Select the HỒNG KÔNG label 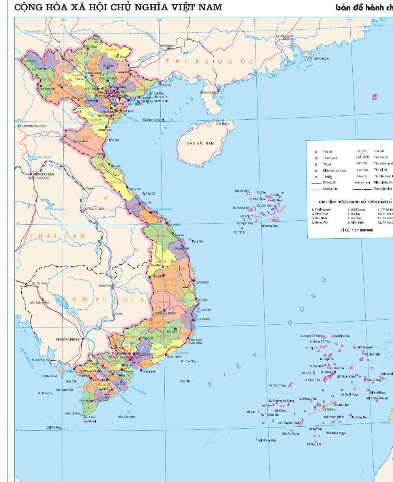[321, 58]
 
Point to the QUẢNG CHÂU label [285, 36]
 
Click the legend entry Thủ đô [327, 152]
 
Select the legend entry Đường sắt [329, 183]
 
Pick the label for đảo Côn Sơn [127, 416]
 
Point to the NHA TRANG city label [203, 319]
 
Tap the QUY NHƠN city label [202, 282]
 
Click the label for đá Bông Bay [269, 226]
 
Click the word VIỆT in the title [183, 7]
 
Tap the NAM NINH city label [166, 46]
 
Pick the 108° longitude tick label [159, 20]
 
